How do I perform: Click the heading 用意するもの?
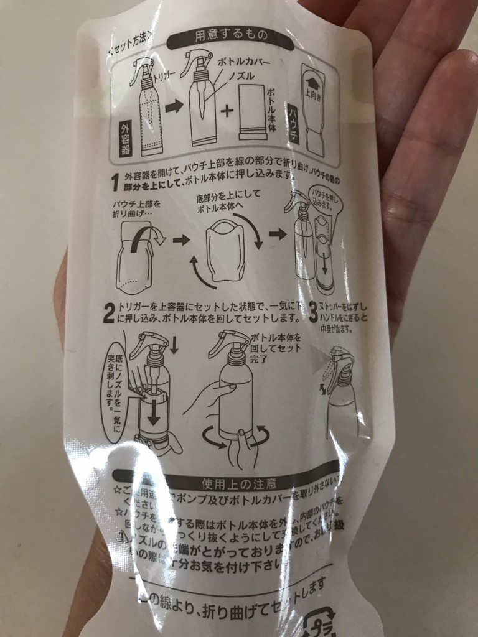pyautogui.click(x=225, y=35)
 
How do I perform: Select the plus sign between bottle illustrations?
pyautogui.click(x=227, y=111)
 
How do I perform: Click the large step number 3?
pyautogui.click(x=313, y=310)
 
